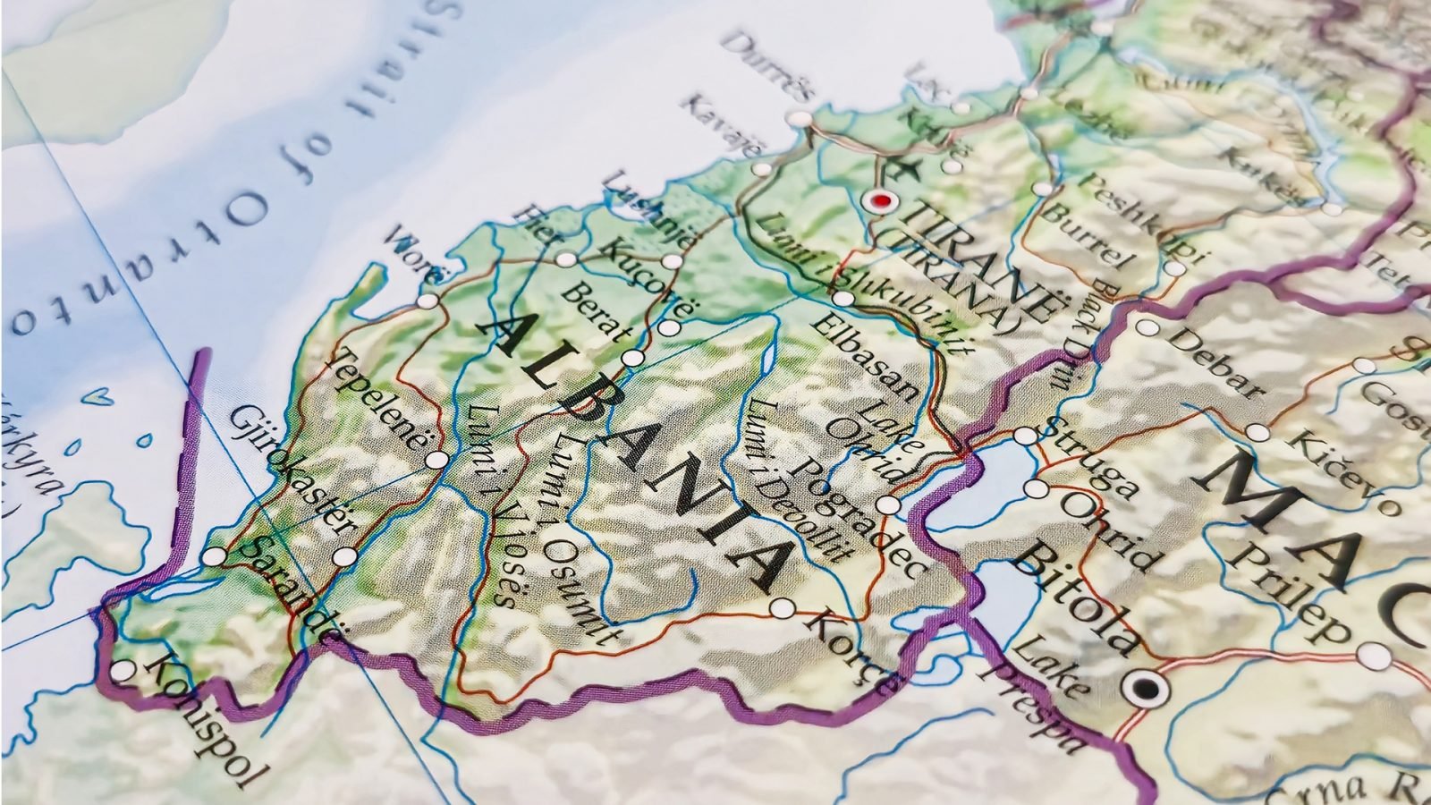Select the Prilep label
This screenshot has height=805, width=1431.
tap(1296, 591)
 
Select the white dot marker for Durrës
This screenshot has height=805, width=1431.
tap(795, 118)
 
